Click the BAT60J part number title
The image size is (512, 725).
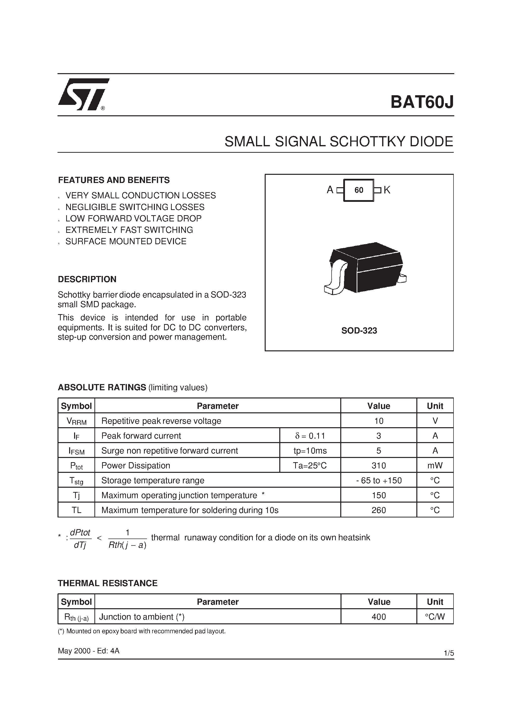tap(422, 102)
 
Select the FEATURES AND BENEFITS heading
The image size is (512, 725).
tap(114, 180)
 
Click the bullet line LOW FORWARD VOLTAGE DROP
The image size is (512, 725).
tap(133, 218)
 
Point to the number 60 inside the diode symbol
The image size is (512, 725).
tap(359, 190)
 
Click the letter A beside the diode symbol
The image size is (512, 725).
tap(330, 190)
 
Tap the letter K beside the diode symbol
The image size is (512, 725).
tap(387, 190)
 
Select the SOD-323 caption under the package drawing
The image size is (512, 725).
tap(359, 331)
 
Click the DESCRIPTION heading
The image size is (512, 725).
tap(87, 279)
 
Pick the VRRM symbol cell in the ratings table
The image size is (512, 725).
tap(76, 421)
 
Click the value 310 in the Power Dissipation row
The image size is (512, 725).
tap(378, 465)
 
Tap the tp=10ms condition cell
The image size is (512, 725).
tap(310, 451)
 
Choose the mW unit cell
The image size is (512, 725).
tap(435, 465)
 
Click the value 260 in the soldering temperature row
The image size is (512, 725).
tap(378, 510)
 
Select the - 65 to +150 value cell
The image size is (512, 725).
tap(378, 481)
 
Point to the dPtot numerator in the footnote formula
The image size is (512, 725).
tap(80, 533)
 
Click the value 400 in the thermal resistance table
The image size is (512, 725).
tap(378, 617)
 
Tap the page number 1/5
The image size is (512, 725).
tap(449, 653)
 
